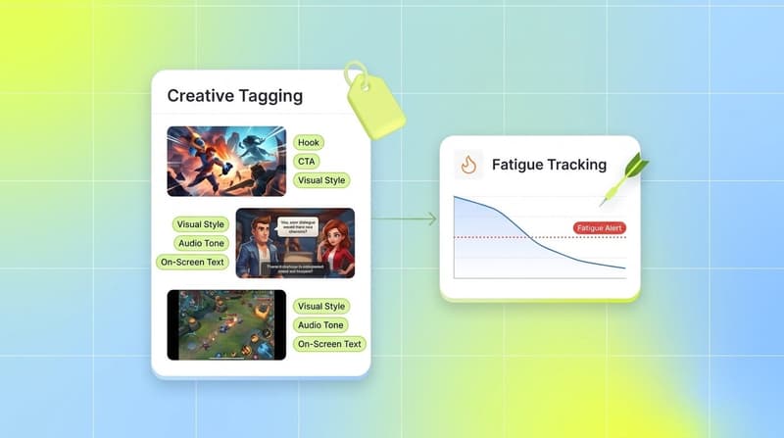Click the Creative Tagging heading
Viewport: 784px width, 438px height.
click(234, 96)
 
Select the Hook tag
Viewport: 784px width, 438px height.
click(309, 143)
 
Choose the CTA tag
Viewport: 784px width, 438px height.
click(308, 162)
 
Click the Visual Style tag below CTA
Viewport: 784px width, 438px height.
click(321, 180)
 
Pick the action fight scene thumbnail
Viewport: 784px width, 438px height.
click(225, 161)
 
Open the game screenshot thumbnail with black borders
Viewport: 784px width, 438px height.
click(225, 324)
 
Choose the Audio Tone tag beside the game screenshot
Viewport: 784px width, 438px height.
click(319, 325)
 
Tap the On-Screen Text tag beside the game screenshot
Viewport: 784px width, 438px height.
click(330, 344)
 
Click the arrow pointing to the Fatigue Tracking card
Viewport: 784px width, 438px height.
click(404, 219)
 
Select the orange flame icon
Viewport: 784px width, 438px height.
click(468, 165)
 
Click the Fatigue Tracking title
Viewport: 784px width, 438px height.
click(549, 166)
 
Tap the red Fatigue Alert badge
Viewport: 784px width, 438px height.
click(599, 228)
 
